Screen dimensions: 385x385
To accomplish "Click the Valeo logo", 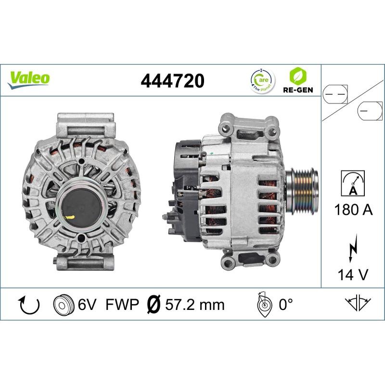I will [28, 78].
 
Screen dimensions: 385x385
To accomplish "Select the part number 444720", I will [172, 81].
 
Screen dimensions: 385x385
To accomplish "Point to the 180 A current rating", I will [353, 210].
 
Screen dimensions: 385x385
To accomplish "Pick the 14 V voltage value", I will [353, 275].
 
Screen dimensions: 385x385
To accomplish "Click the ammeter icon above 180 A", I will [353, 182].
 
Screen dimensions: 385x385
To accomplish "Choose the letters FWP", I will [122, 305].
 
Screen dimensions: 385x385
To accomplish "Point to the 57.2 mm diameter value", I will [195, 305].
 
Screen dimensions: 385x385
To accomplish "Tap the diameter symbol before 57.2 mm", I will [153, 305].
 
